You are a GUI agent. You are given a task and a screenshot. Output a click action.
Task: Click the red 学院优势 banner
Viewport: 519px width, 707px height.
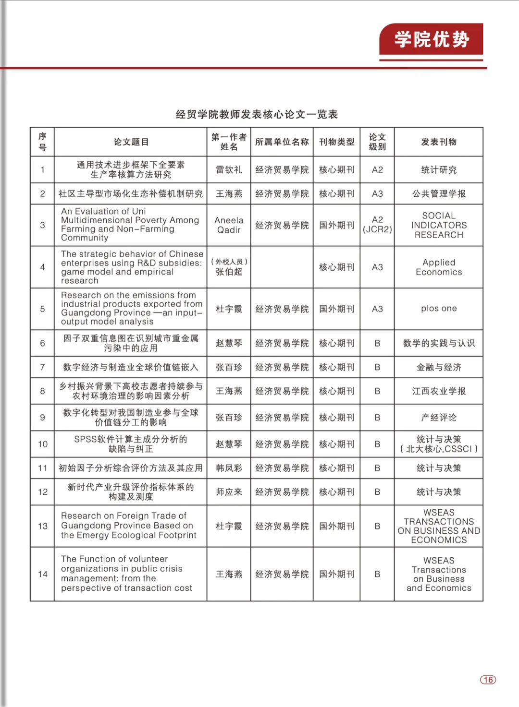coord(431,39)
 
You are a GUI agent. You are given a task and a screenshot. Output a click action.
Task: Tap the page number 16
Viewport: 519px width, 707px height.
coord(488,680)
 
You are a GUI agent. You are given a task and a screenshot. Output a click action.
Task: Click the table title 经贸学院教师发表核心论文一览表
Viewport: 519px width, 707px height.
coord(257,114)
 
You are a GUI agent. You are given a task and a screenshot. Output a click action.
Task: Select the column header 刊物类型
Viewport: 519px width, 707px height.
coord(336,142)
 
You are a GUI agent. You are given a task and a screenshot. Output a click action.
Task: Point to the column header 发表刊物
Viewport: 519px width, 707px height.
coord(438,142)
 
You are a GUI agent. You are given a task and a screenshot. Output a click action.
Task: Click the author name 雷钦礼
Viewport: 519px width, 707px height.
coord(229,169)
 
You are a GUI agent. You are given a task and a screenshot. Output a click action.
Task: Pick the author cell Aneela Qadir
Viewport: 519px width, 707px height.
coord(229,225)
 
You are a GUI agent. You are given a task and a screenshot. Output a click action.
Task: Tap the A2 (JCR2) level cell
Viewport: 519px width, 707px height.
coord(377,225)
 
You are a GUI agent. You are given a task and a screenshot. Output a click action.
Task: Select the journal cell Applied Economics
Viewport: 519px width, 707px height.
coord(438,267)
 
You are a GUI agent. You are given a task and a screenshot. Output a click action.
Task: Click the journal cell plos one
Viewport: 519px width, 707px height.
coord(438,309)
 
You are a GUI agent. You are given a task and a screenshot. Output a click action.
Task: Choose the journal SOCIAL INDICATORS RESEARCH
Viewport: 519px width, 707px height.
coord(438,225)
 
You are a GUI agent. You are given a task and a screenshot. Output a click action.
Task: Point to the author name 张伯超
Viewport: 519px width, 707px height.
coord(229,272)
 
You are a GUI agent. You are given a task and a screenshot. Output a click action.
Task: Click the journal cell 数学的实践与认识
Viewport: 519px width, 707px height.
coord(438,343)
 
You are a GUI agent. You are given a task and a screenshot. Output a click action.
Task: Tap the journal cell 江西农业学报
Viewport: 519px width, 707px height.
coord(438,391)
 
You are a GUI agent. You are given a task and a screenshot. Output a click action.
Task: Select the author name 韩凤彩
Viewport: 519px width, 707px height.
coord(229,468)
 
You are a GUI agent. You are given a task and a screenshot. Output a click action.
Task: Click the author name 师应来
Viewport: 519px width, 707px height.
coord(229,492)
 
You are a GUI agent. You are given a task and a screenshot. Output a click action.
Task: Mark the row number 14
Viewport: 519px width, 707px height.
coord(42,574)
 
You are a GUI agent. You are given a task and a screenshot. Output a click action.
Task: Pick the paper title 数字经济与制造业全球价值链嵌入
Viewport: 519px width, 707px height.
coord(130,367)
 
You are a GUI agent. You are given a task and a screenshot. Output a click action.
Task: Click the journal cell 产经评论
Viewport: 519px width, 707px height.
coord(438,418)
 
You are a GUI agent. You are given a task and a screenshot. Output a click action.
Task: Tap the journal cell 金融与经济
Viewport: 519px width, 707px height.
coord(438,367)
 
